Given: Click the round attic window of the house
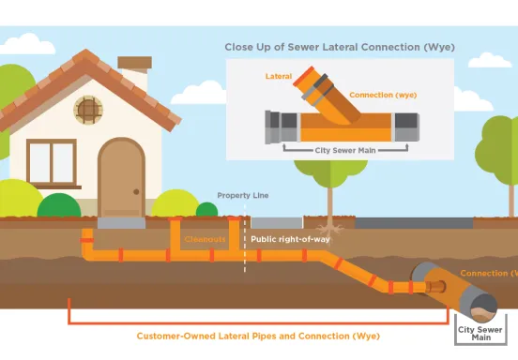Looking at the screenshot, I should click(x=87, y=111).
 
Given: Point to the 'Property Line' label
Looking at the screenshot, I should click(x=243, y=195).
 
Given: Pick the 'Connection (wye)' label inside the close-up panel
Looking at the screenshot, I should click(x=382, y=95).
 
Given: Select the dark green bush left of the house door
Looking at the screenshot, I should click(x=59, y=206).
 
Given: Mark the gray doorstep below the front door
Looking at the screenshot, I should click(x=121, y=224).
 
